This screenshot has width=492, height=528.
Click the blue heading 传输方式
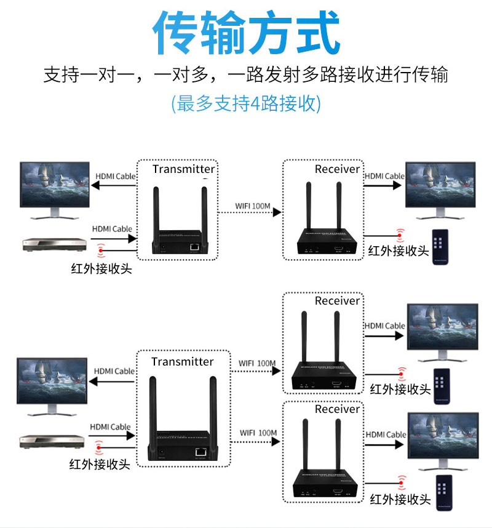pyautogui.click(x=246, y=32)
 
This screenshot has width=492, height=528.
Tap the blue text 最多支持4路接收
pyautogui.click(x=246, y=103)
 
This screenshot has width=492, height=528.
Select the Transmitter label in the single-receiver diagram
pyautogui.click(x=184, y=169)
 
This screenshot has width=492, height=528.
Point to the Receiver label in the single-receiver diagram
pyautogui.click(x=337, y=169)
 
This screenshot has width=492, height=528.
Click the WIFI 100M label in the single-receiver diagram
pyautogui.click(x=253, y=206)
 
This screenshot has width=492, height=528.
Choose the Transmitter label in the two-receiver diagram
pyautogui.click(x=183, y=362)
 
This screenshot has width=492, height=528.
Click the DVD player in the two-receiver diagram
pyautogui.click(x=50, y=441)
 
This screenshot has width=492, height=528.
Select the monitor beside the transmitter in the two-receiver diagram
pyautogui.click(x=52, y=385)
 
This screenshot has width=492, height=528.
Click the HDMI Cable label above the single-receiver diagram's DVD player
pyautogui.click(x=113, y=229)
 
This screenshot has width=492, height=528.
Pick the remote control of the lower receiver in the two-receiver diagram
pyautogui.click(x=444, y=492)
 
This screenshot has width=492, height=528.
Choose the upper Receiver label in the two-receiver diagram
pyautogui.click(x=337, y=301)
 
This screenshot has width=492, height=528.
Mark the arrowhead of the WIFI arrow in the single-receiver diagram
pyautogui.click(x=277, y=212)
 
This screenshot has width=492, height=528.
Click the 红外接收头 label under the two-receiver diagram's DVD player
pyautogui.click(x=100, y=463)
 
